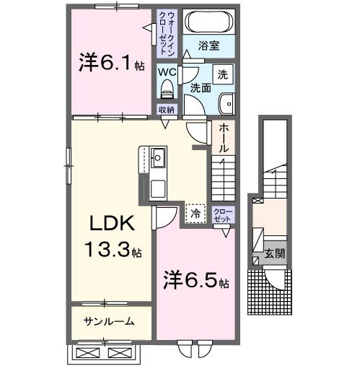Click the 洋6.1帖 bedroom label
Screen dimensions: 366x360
click(x=110, y=64)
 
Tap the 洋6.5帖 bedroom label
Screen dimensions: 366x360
click(x=196, y=279)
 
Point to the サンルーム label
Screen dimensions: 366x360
click(x=108, y=321)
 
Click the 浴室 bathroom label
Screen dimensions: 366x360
click(x=210, y=46)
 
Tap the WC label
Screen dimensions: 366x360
click(x=167, y=72)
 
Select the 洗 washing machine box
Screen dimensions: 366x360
click(x=223, y=74)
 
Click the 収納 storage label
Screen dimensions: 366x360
click(x=167, y=110)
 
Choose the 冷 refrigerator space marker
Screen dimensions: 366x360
click(x=196, y=212)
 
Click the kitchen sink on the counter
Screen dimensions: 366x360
click(x=158, y=157)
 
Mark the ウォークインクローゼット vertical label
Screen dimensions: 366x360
click(x=169, y=35)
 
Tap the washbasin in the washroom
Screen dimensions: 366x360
click(x=229, y=104)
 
